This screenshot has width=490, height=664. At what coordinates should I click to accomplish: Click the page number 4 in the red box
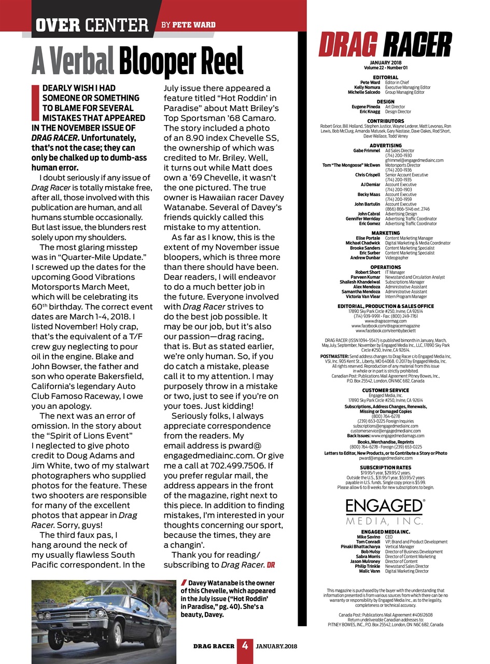(x=245, y=646)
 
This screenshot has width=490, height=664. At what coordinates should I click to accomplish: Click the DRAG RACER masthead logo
(x=385, y=44)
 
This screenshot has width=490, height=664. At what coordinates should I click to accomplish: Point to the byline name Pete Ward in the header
(x=194, y=24)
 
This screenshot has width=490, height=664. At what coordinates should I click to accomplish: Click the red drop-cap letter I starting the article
(x=35, y=103)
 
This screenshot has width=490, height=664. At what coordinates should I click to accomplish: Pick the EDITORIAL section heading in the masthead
(x=385, y=77)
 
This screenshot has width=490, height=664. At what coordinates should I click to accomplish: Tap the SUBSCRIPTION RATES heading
(x=385, y=467)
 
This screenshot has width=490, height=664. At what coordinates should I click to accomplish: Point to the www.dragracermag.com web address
(x=385, y=321)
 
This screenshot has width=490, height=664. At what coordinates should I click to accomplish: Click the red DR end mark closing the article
(x=271, y=564)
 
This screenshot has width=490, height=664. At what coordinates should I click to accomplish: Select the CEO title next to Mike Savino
(x=389, y=537)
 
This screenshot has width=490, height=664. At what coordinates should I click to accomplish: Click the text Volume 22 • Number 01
(x=385, y=67)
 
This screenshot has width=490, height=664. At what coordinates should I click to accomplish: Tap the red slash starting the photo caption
(x=184, y=583)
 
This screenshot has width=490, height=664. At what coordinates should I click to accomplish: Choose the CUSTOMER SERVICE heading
(x=385, y=390)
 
